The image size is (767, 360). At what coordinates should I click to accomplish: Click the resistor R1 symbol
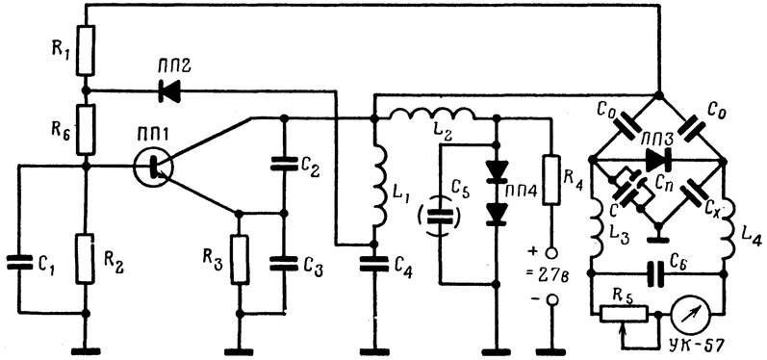[86, 50]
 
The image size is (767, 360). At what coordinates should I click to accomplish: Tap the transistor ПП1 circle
[153, 167]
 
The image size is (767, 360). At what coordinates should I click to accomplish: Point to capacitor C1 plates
[20, 262]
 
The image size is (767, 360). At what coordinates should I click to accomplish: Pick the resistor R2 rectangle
[86, 259]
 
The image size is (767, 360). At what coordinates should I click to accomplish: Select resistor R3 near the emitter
[239, 259]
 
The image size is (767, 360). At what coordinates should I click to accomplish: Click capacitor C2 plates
[285, 164]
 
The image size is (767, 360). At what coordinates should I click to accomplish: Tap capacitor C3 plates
[285, 262]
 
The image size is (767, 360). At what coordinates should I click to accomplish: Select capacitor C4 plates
[374, 265]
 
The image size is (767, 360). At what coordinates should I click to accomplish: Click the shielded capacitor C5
[440, 216]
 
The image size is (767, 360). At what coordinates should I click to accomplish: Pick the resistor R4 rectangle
[551, 179]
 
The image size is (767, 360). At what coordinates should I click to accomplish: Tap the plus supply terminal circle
[551, 254]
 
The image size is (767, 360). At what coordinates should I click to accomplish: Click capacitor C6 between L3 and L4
[658, 274]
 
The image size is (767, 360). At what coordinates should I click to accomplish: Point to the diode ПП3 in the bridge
[658, 159]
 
